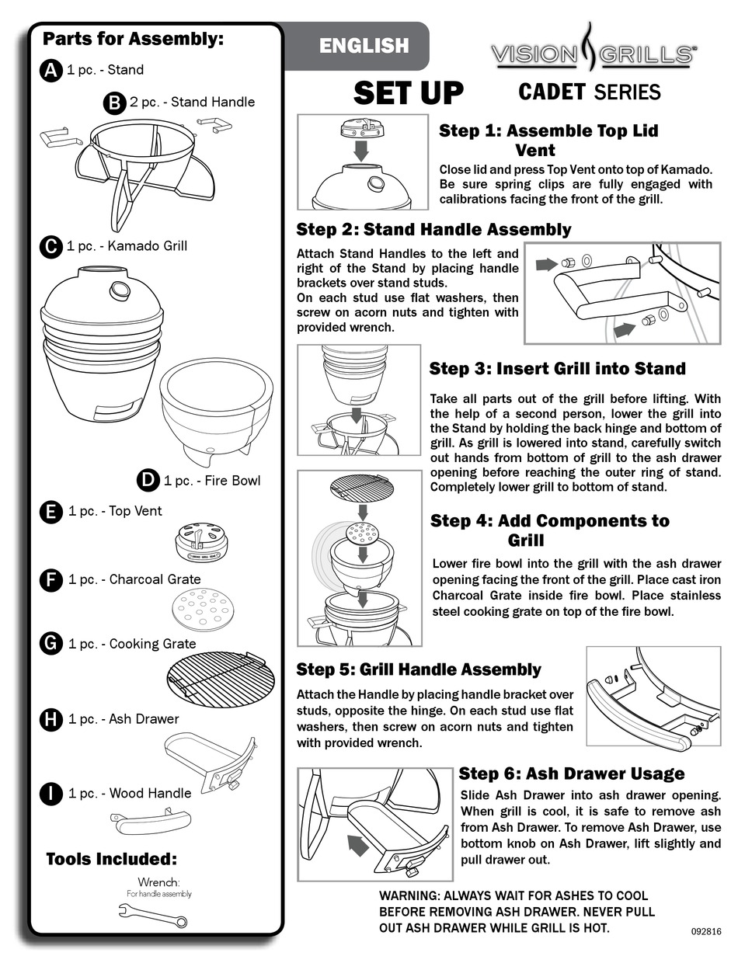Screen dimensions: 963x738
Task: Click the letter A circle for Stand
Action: (50, 70)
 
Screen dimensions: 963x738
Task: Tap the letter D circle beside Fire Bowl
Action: (148, 480)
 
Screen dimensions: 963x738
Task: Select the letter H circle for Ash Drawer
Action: (50, 719)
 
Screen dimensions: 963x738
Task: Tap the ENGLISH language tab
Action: (364, 47)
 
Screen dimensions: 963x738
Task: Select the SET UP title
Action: (408, 93)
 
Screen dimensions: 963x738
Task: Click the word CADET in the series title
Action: (552, 92)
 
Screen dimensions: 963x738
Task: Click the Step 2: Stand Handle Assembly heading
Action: (433, 229)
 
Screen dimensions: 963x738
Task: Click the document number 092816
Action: (705, 930)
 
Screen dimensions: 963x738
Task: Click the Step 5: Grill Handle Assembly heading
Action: (419, 669)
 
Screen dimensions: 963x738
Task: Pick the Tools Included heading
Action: (112, 859)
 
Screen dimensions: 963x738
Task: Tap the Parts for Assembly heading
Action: (132, 38)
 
